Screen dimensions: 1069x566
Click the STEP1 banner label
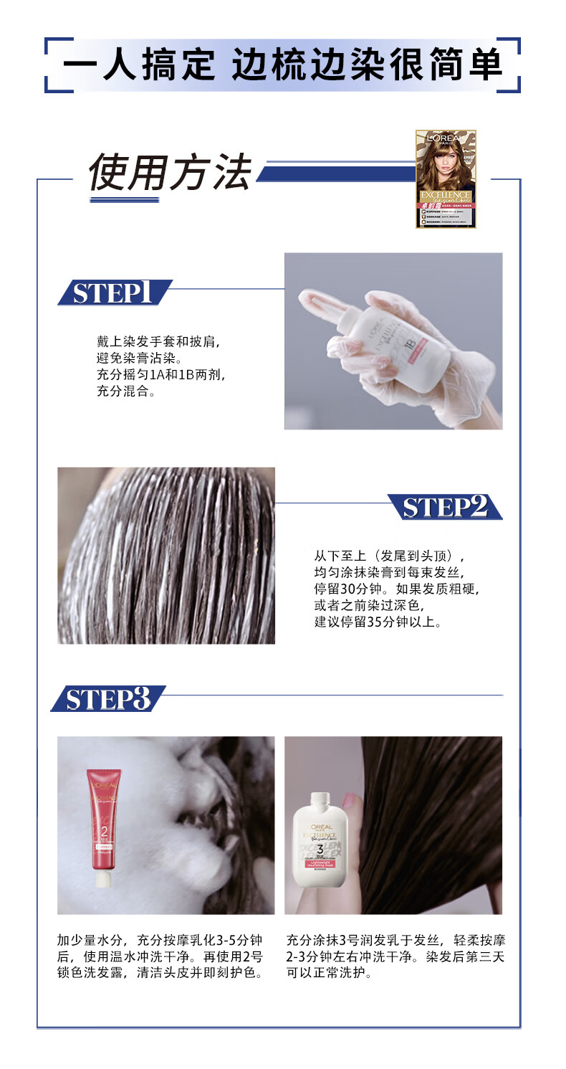point(113,293)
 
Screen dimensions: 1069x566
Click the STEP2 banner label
point(444,506)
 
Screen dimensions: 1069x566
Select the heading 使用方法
point(170,173)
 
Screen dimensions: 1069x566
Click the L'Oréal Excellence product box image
point(446,179)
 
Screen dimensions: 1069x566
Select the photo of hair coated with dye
point(166,556)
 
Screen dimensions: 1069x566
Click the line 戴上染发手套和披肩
point(158,341)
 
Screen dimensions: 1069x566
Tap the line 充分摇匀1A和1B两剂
point(165,375)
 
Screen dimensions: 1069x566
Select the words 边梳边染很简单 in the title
point(367,66)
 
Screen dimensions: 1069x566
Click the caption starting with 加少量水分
point(160,956)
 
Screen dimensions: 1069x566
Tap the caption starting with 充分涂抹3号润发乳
point(395,956)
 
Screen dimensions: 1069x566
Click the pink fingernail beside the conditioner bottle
point(349,800)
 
